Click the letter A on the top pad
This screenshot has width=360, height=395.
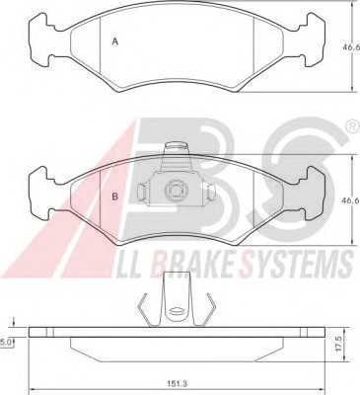114,41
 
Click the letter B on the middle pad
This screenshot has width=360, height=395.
114,197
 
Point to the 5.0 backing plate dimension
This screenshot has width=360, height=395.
6,343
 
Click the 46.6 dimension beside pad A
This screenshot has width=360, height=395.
352,47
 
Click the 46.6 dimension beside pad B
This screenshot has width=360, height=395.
352,199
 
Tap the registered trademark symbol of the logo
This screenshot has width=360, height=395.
353,127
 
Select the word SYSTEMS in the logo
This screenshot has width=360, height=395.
296,264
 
